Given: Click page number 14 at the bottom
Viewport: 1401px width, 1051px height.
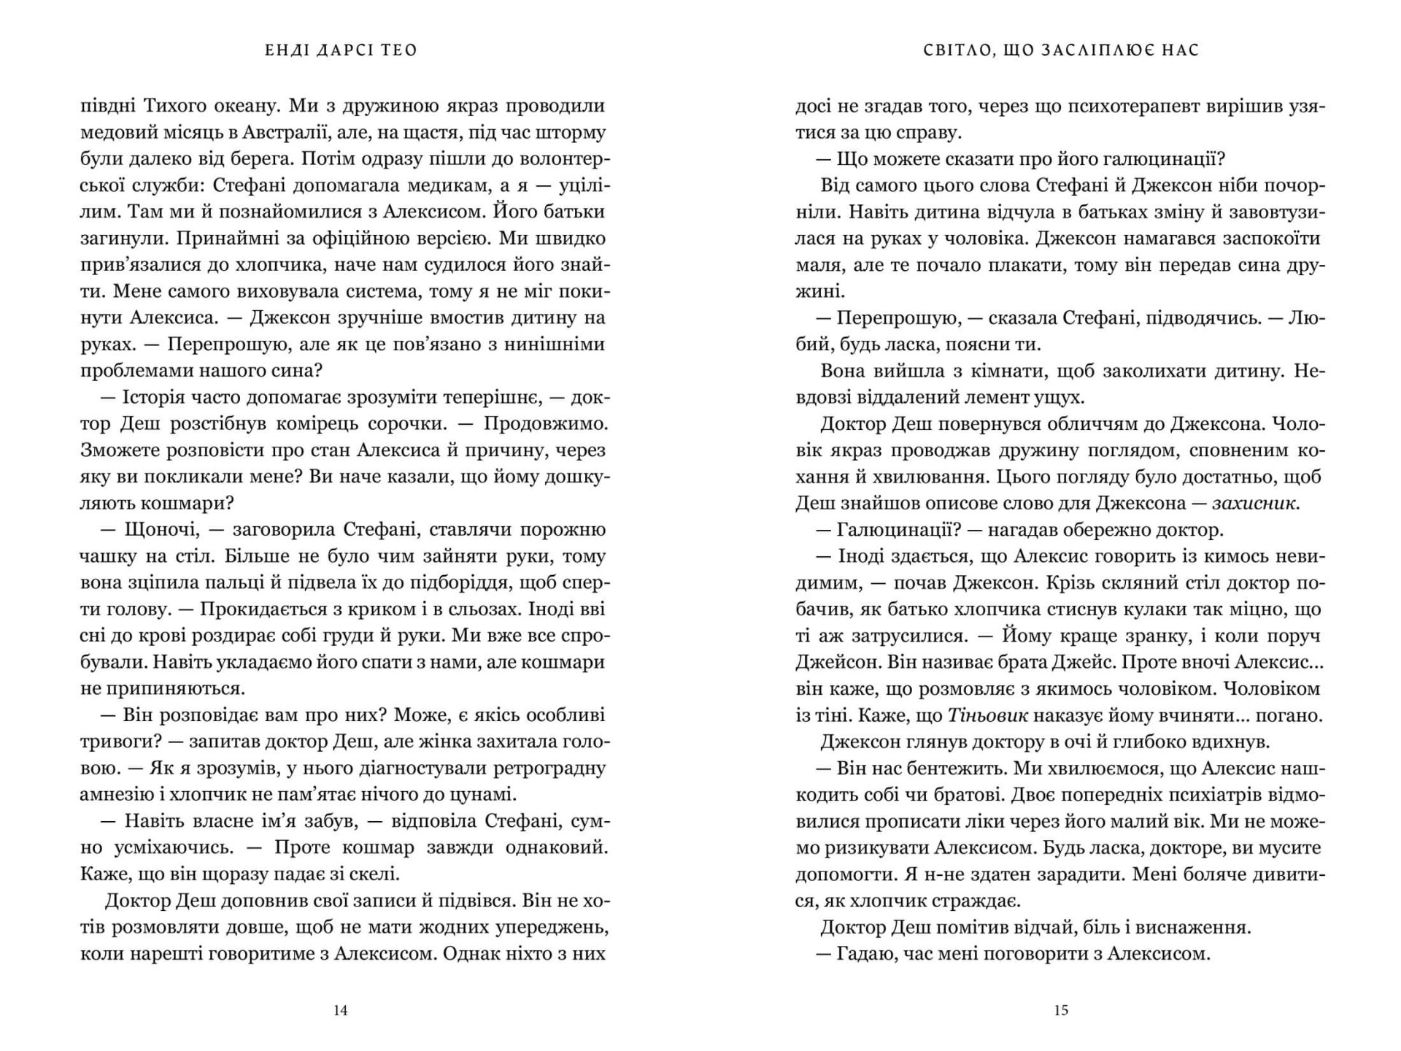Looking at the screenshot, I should click(340, 1010).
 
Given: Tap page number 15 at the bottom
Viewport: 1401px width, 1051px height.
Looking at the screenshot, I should click(1061, 1010).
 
